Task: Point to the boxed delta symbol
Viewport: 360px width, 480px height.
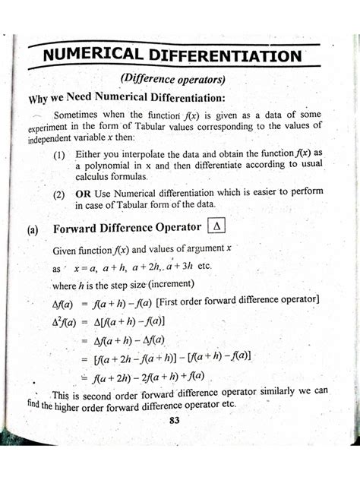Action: coord(216,226)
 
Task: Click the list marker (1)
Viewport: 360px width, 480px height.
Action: coord(59,154)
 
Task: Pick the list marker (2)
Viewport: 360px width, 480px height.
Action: coord(59,194)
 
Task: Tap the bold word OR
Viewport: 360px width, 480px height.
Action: coord(84,194)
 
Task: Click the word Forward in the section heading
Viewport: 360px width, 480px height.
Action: coord(78,227)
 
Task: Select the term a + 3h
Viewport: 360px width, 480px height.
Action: coord(174,267)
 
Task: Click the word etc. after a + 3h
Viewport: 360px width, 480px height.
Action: coord(204,267)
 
